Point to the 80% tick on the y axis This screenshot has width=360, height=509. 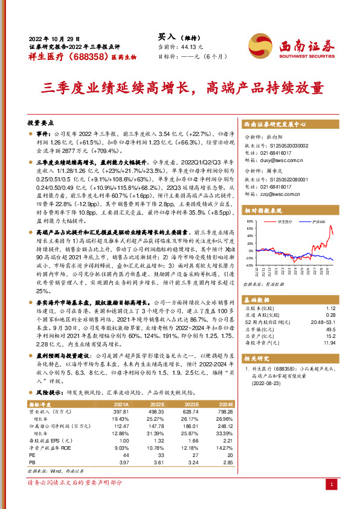[x=249, y=222]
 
